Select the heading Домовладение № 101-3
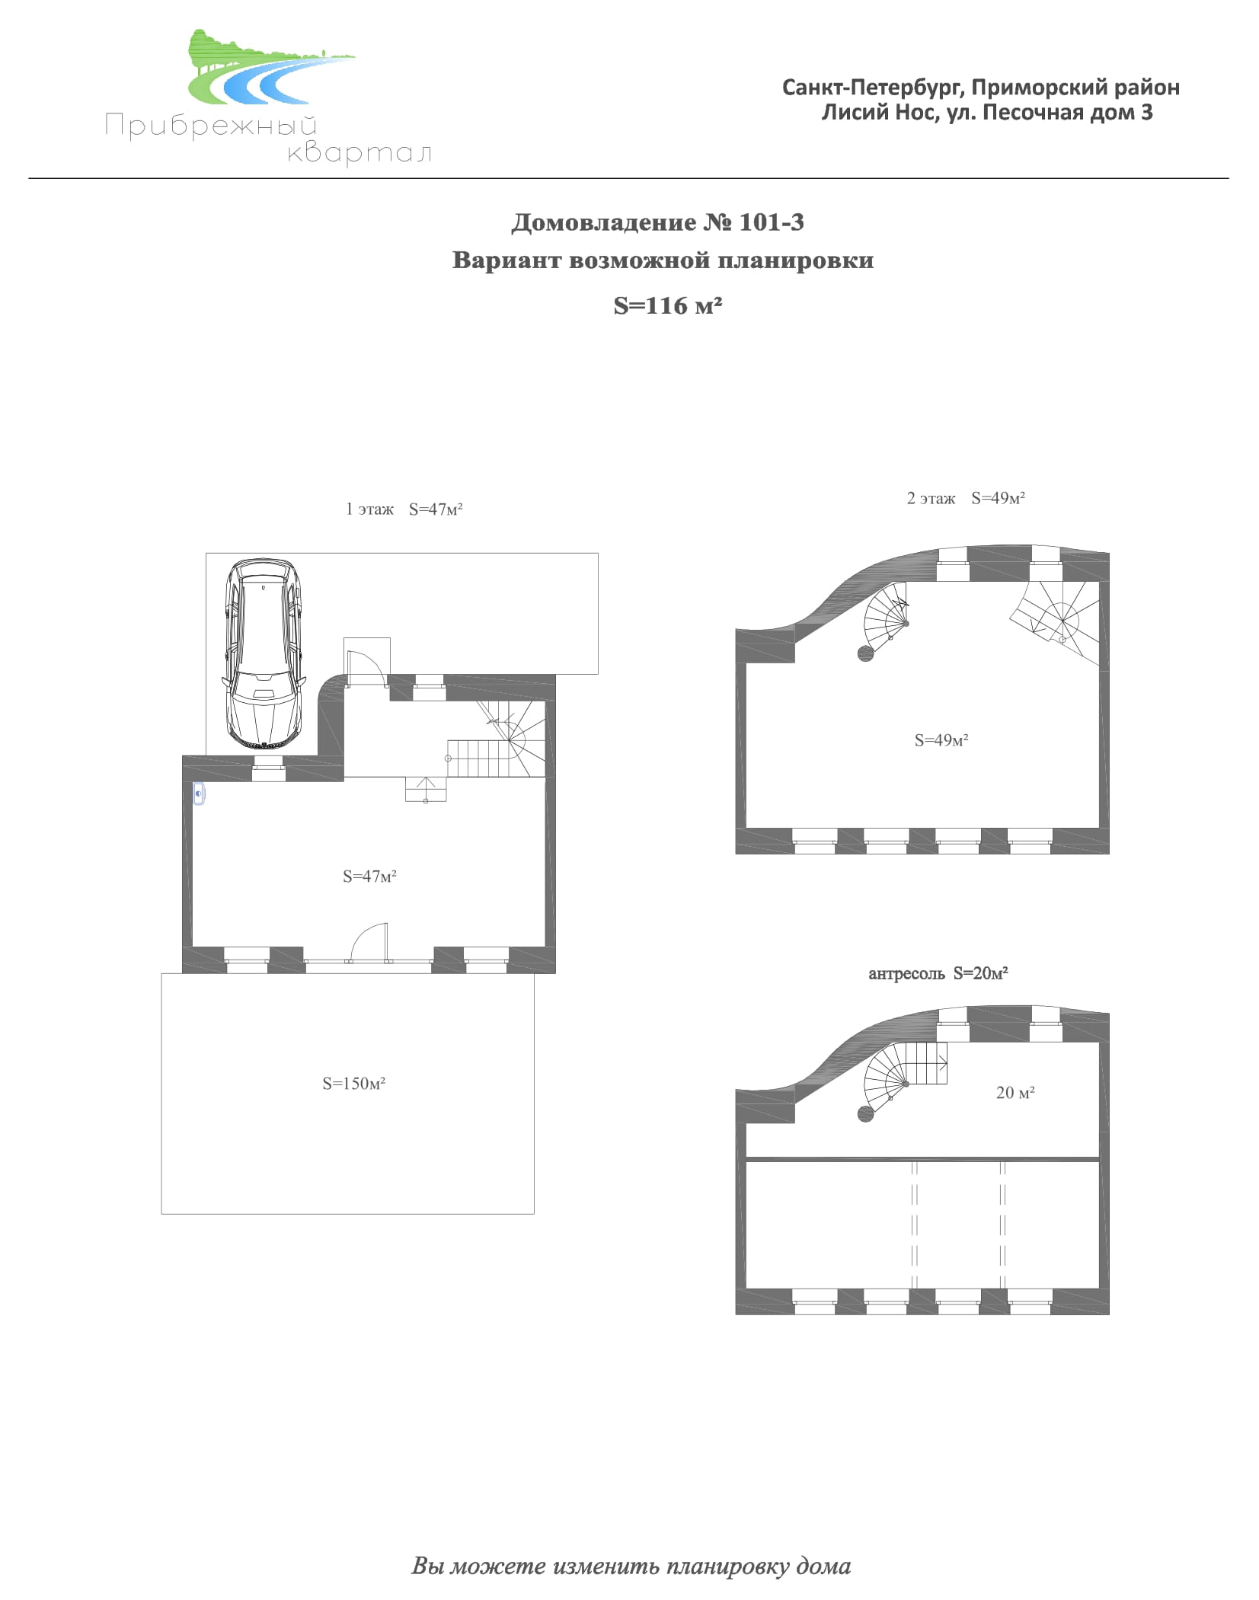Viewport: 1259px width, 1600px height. click(657, 222)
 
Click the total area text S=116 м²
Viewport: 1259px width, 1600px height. click(667, 305)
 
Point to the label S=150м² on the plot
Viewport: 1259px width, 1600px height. click(353, 1083)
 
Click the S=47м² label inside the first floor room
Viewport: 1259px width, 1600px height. click(369, 877)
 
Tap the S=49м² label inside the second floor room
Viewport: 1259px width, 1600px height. click(941, 740)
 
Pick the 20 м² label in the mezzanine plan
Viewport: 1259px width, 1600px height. click(1015, 1093)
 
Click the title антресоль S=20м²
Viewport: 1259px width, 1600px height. click(938, 973)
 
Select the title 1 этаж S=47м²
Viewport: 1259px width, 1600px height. click(404, 509)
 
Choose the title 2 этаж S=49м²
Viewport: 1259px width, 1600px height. click(966, 498)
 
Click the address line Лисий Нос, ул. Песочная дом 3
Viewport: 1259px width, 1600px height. click(987, 113)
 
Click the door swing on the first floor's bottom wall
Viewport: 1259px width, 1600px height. click(369, 943)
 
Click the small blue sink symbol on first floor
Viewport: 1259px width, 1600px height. click(199, 795)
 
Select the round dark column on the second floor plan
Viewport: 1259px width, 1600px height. click(865, 653)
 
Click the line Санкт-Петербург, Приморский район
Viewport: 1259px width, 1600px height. click(981, 88)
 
